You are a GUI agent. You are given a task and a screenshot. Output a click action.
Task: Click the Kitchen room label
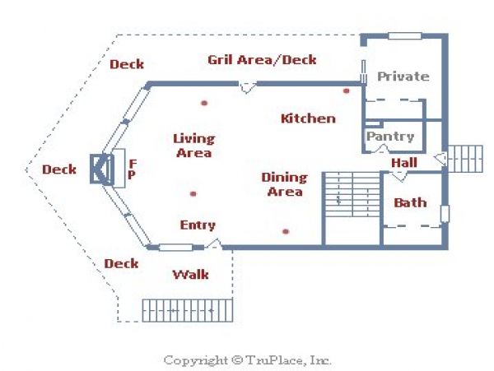coord(308,118)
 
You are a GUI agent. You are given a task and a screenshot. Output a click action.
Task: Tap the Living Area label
coord(194,146)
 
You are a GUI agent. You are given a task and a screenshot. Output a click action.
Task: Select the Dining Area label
coord(285,184)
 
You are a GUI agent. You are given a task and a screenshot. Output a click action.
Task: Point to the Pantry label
coord(390,137)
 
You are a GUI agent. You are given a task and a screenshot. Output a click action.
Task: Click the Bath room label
coord(410,202)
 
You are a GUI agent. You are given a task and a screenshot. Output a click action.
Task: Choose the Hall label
coord(404,163)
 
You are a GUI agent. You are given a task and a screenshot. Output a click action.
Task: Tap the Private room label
coord(403,77)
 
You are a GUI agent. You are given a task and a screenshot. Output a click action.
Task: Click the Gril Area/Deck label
coord(262,60)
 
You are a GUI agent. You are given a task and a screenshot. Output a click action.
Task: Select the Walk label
coord(191,275)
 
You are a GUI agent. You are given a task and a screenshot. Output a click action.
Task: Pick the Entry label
coord(198,225)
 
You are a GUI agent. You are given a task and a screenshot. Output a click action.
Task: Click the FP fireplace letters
coord(133,169)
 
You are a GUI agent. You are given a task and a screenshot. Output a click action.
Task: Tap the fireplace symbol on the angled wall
coord(102,169)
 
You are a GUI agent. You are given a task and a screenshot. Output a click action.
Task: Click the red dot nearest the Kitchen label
coord(347,91)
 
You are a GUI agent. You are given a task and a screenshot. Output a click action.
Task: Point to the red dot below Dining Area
coord(286,232)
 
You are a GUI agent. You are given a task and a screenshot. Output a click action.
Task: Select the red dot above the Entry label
coord(193,194)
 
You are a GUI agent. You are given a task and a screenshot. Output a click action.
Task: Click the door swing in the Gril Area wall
coord(247,87)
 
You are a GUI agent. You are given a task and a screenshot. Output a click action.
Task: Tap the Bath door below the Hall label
coord(398,176)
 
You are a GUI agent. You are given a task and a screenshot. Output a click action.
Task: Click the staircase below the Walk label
coord(188,311)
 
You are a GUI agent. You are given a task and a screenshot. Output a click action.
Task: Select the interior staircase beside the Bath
coord(352,194)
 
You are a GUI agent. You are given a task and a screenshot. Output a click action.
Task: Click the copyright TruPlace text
coord(247,360)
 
